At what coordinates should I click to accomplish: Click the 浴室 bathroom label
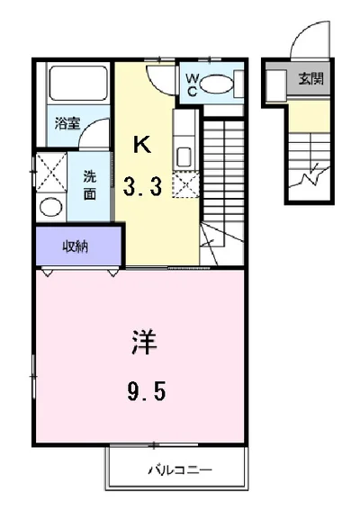coord(67,123)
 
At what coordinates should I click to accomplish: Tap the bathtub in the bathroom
coord(78,83)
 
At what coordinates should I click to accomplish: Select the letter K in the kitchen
coord(142,144)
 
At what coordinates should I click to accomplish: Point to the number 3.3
coord(142,187)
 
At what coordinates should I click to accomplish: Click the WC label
coord(192,85)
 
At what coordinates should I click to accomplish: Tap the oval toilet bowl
coord(217,84)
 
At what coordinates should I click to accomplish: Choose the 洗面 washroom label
coord(90,185)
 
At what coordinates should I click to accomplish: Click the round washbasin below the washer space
coord(51,206)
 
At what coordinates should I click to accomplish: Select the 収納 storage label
coord(76,246)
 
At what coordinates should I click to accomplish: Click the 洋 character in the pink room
coord(144,343)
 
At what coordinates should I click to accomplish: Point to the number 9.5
coord(147,392)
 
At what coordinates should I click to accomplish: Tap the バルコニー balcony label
coord(180,469)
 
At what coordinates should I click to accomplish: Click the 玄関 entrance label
coord(310,79)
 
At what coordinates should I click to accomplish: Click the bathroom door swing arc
coord(88,126)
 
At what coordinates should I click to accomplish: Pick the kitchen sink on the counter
coord(184,157)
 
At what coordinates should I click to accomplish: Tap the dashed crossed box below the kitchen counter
coord(185,184)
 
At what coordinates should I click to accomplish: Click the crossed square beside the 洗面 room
coord(51,173)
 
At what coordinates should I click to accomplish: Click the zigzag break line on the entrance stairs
coord(310,175)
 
